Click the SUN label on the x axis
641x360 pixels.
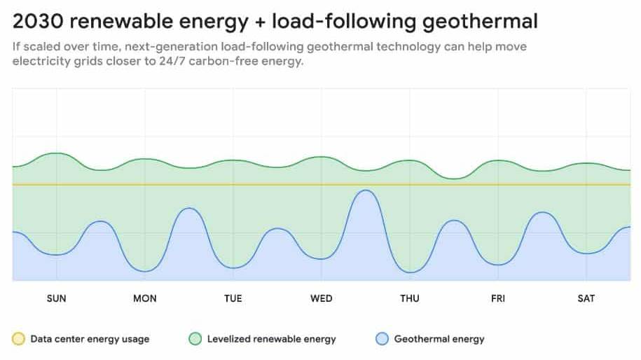click(56, 298)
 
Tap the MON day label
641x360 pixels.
click(145, 298)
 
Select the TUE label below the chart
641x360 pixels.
click(233, 298)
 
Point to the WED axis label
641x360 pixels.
click(322, 298)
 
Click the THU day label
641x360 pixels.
click(410, 298)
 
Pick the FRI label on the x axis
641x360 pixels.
click(498, 298)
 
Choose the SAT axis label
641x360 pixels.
click(586, 298)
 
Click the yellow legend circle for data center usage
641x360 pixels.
click(19, 339)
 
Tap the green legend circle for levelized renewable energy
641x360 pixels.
click(195, 339)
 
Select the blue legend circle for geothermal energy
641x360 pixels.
click(382, 339)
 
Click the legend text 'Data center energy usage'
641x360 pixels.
click(90, 339)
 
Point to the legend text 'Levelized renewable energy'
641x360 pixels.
click(272, 339)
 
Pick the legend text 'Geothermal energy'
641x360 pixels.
click(439, 339)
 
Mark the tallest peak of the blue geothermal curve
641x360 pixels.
click(364, 191)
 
